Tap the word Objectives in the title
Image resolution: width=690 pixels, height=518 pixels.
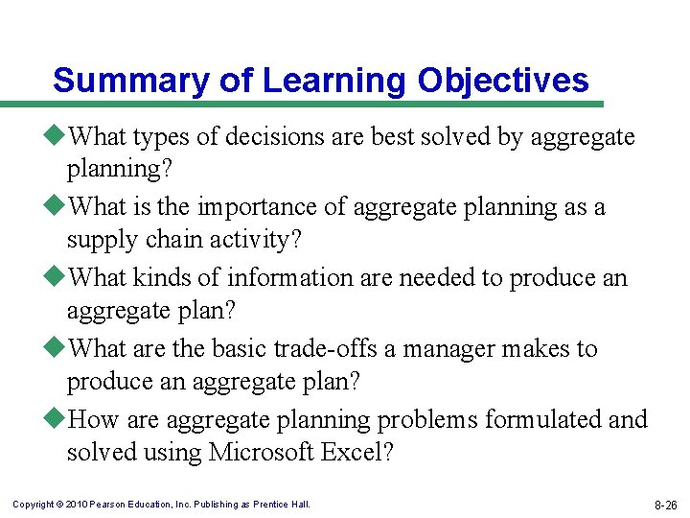503,81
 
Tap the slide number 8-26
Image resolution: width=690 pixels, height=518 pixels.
665,504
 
